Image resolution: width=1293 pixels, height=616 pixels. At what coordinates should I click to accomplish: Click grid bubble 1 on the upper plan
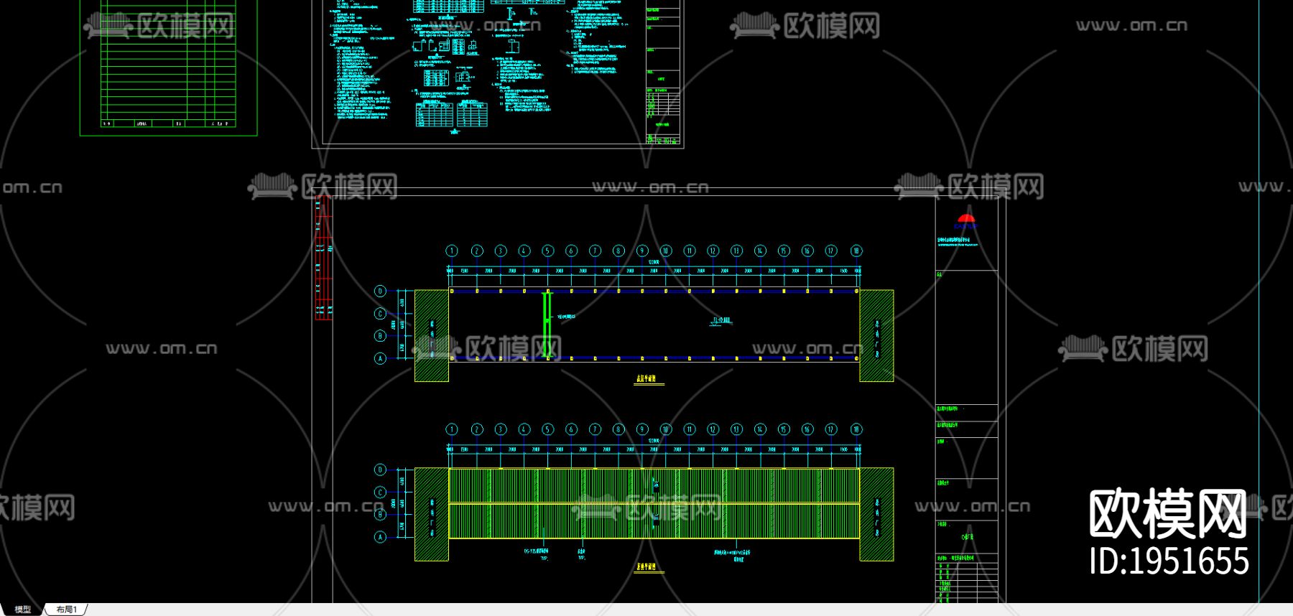[x=452, y=251]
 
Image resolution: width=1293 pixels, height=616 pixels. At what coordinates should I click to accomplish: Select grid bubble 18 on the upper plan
[x=856, y=251]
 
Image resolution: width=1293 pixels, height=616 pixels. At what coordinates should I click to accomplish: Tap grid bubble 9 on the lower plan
[x=642, y=429]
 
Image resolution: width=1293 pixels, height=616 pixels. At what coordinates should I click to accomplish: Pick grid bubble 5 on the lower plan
[x=547, y=429]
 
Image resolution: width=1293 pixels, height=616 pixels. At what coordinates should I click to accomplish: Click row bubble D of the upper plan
[x=380, y=291]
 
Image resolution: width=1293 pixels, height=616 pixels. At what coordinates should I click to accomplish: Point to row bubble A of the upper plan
[x=380, y=358]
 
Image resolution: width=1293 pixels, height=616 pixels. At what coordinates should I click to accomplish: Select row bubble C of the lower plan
[x=380, y=493]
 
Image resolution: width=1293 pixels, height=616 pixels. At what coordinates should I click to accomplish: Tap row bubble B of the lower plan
[x=380, y=515]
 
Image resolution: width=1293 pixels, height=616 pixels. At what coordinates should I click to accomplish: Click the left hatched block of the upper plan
[x=432, y=335]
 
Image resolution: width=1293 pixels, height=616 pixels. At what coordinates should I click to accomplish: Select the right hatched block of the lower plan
[x=876, y=514]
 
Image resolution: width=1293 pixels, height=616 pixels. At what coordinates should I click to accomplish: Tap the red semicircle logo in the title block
[x=966, y=218]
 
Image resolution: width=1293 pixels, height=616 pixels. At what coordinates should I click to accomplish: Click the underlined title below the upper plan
[x=646, y=379]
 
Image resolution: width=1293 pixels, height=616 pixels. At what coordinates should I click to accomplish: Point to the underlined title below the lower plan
[x=646, y=567]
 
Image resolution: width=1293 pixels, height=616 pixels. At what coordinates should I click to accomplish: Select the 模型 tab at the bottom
[x=23, y=610]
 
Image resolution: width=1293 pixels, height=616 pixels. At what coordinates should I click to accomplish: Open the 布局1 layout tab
[x=67, y=610]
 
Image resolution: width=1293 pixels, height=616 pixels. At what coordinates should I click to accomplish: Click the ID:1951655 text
[x=1169, y=561]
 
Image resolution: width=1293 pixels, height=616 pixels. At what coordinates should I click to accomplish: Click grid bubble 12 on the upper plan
[x=713, y=251]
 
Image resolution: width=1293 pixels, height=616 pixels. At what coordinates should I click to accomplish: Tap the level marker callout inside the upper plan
[x=721, y=321]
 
